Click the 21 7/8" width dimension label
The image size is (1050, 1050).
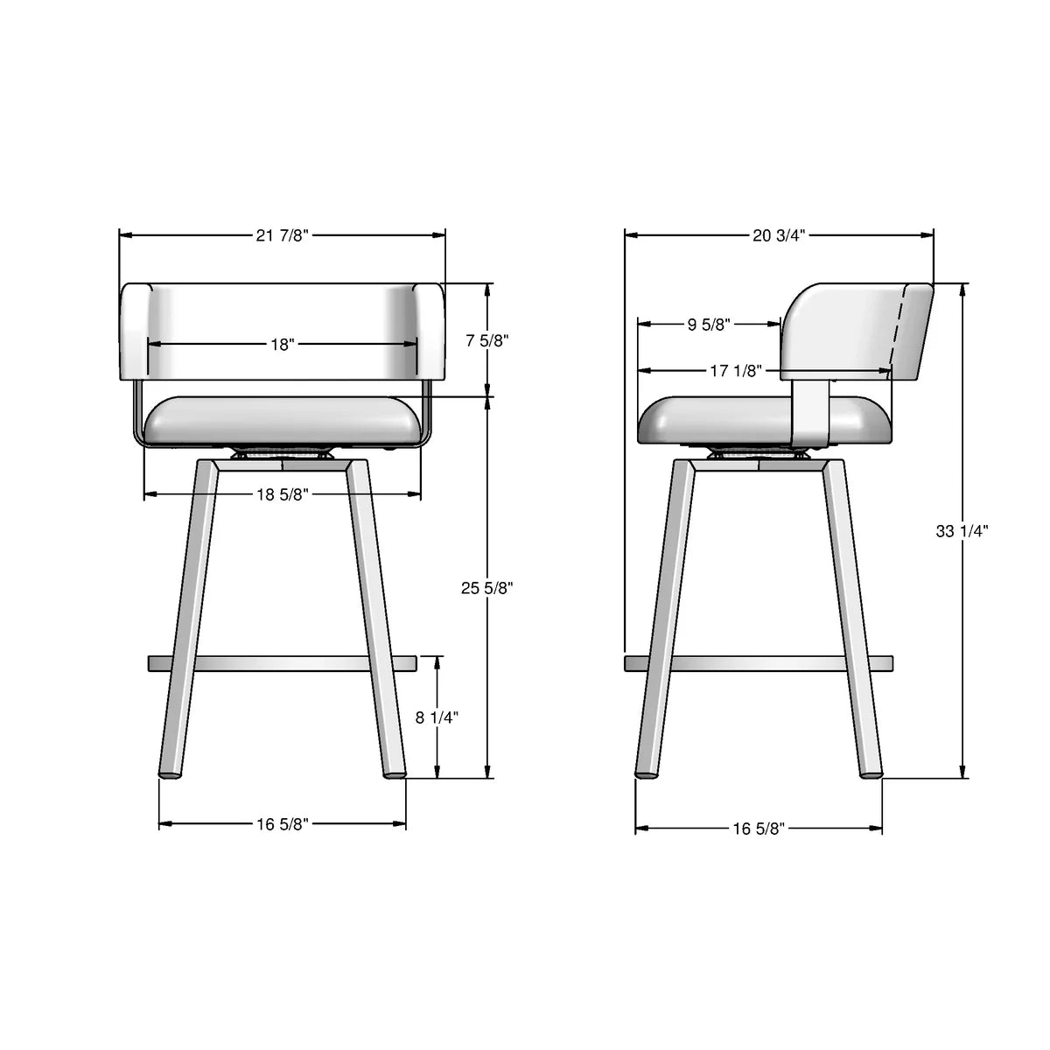283,235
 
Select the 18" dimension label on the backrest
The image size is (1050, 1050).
282,345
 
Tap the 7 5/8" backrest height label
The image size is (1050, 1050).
486,340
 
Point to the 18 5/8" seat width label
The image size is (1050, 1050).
283,494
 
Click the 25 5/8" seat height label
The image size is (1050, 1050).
486,589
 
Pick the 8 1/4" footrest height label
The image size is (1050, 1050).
437,717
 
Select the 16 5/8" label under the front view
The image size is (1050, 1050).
283,823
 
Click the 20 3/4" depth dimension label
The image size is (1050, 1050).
778,235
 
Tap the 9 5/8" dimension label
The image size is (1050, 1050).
707,325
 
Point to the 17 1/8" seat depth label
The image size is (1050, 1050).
735,371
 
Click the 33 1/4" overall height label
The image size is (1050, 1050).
962,530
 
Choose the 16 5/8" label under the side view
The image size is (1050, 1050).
759,828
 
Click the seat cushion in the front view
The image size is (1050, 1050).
282,422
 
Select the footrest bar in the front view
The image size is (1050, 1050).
282,663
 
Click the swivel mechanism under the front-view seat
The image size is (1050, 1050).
282,454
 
